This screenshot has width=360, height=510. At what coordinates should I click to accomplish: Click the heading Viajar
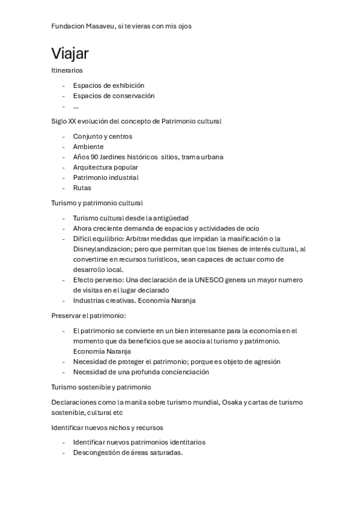(x=70, y=54)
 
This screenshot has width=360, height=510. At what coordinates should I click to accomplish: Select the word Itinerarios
(x=67, y=70)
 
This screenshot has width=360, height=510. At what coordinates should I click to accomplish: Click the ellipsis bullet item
(x=76, y=106)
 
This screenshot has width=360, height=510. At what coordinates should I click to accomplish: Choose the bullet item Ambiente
(x=88, y=147)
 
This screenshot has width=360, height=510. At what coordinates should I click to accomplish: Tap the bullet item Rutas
(x=82, y=188)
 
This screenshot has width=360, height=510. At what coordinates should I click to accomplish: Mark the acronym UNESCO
(x=217, y=280)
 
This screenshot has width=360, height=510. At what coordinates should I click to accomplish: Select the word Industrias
(x=89, y=301)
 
